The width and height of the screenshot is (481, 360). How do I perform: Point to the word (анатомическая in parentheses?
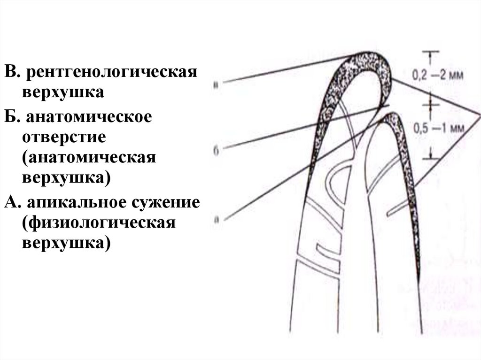pyautogui.click(x=88, y=158)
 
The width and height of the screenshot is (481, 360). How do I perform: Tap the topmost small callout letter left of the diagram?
pyautogui.click(x=215, y=85)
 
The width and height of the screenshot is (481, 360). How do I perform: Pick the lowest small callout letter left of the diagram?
pyautogui.click(x=214, y=218)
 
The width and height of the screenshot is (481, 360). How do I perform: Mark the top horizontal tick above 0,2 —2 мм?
pyautogui.click(x=429, y=51)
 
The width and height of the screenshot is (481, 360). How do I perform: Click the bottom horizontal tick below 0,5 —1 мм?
pyautogui.click(x=429, y=157)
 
